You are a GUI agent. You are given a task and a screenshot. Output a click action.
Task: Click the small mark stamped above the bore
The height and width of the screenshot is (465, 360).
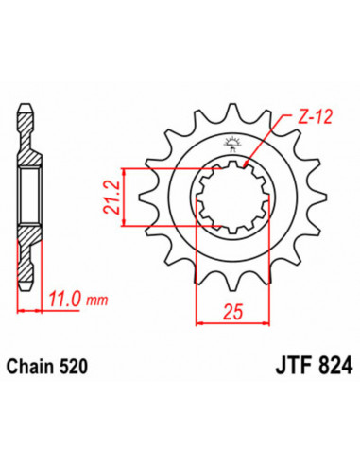tap(231, 145)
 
